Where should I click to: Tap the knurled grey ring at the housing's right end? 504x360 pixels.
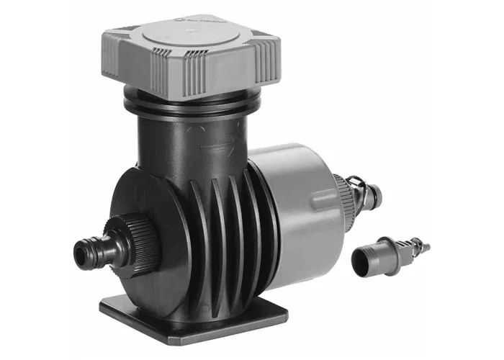coord(341,202)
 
